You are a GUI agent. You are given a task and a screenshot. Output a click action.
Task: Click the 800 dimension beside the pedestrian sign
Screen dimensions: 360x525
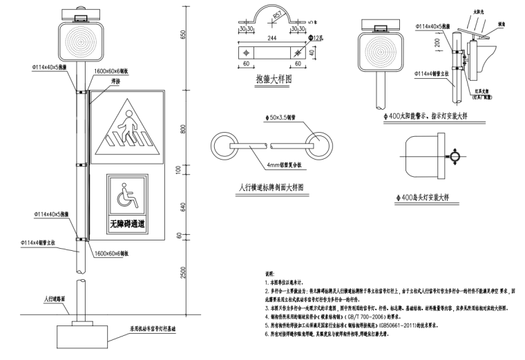(x=183, y=130)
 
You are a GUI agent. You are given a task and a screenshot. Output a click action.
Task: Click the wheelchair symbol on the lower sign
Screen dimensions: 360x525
(x=127, y=199)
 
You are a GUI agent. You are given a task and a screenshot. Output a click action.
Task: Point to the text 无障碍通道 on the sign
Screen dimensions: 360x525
(x=127, y=225)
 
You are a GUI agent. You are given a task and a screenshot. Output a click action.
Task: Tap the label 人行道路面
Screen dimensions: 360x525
(x=53, y=299)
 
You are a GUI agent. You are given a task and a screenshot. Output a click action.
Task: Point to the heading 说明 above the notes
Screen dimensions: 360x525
(x=269, y=274)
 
